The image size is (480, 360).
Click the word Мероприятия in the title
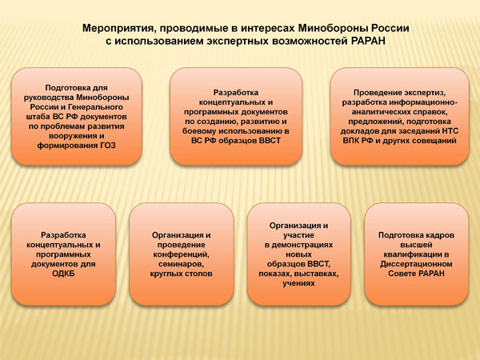(x=116, y=29)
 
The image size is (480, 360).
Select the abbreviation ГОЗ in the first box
(x=108, y=146)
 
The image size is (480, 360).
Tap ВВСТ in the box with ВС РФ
(x=270, y=141)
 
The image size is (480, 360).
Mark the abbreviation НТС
(x=450, y=131)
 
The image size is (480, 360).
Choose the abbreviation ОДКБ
(x=63, y=274)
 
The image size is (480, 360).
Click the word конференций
(x=182, y=254)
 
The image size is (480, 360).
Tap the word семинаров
(x=182, y=264)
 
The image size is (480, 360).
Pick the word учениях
(x=298, y=283)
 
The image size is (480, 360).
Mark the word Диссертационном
(x=416, y=264)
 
